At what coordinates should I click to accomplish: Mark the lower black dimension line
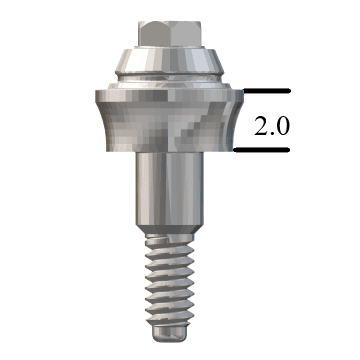(x=262, y=151)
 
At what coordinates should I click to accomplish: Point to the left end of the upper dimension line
(x=236, y=91)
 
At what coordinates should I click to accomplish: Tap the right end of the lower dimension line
(x=289, y=151)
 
